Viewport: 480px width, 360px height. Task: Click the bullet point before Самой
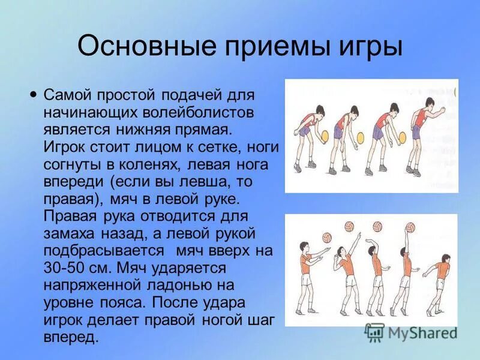(34, 94)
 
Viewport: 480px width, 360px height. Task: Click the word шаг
(262, 320)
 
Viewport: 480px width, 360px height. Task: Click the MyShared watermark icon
(375, 331)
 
